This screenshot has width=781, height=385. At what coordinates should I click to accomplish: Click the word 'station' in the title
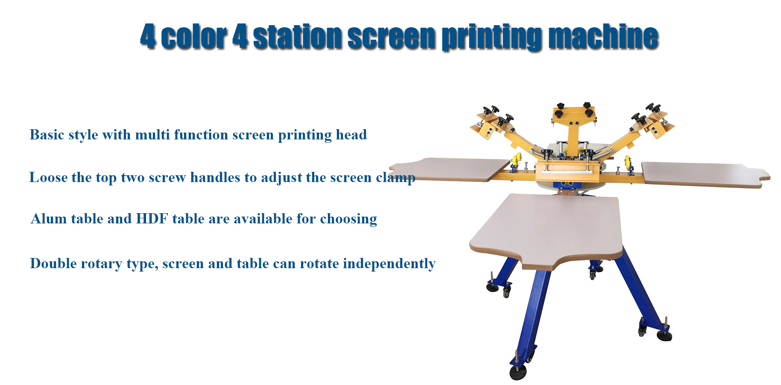point(297,37)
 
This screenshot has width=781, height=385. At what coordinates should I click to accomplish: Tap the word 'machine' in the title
point(603,37)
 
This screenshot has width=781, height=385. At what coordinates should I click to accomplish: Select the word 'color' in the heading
point(193,37)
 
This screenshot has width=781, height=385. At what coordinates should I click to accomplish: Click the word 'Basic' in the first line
point(47,135)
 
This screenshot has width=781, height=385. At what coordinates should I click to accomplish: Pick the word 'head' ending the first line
point(351,135)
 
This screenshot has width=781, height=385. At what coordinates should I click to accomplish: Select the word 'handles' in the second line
point(215,177)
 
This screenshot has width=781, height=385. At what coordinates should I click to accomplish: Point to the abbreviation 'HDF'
point(152,219)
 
